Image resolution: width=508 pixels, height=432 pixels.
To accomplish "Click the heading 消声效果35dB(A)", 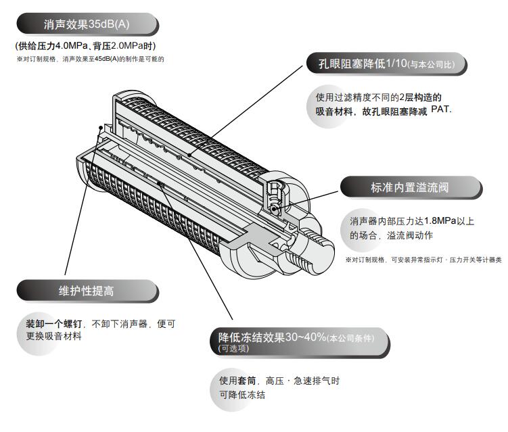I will [85, 26].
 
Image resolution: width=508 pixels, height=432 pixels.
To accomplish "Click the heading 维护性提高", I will [86, 291].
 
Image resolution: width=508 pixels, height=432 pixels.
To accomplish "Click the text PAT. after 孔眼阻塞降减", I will [440, 110].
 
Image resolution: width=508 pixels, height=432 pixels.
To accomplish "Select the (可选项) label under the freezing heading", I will [233, 349].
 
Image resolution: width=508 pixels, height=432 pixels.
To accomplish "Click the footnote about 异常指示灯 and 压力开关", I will [423, 260].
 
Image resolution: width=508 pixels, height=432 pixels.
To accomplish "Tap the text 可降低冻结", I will [241, 395].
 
